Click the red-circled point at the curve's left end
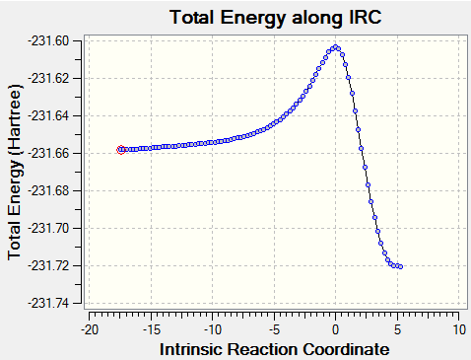click(x=121, y=150)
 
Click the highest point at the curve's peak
click(x=335, y=47)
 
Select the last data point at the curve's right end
click(x=400, y=266)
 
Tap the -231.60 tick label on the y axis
click(x=53, y=41)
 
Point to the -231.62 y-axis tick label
click(x=53, y=79)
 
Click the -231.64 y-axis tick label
click(x=53, y=116)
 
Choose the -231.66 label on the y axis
click(x=53, y=154)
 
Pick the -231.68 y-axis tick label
click(x=53, y=191)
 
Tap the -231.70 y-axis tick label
click(x=53, y=228)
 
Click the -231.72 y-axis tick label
click(x=53, y=265)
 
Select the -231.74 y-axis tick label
click(x=53, y=303)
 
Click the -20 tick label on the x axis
click(x=90, y=329)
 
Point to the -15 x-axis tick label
click(x=152, y=329)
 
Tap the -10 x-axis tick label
click(x=213, y=329)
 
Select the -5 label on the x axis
click(x=275, y=329)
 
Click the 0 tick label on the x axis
click(x=335, y=329)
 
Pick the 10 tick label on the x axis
click(x=459, y=329)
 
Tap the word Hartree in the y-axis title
click(x=15, y=119)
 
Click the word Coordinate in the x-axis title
click(x=346, y=349)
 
